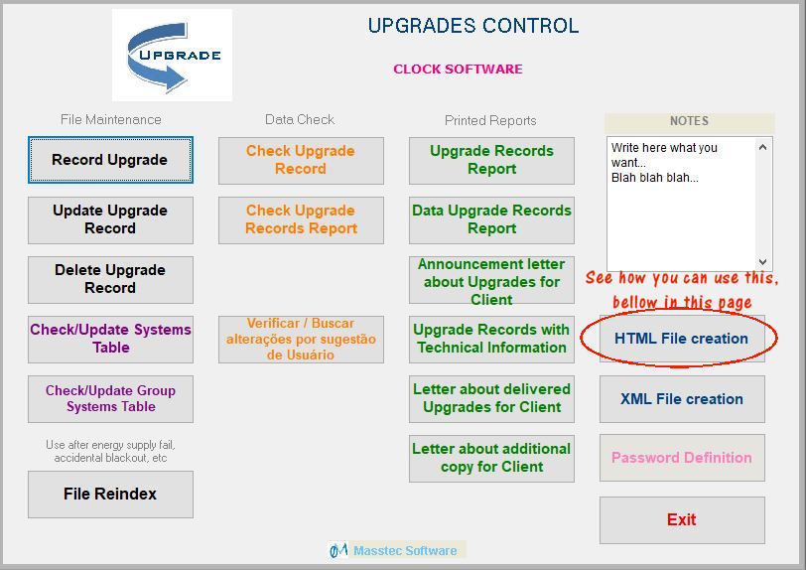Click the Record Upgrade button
110,160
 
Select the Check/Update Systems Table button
110,339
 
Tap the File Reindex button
110,495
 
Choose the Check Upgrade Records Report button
301,219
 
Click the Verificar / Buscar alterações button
301,339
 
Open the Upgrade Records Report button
491,160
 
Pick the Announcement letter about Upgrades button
491,280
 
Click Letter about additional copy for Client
491,459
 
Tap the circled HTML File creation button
682,339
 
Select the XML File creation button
682,398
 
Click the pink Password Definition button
682,458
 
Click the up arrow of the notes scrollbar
762,148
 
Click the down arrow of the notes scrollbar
762,261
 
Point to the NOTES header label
689,121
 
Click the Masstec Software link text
405,550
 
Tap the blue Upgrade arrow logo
172,55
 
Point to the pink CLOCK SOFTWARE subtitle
458,69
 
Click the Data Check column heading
300,119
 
